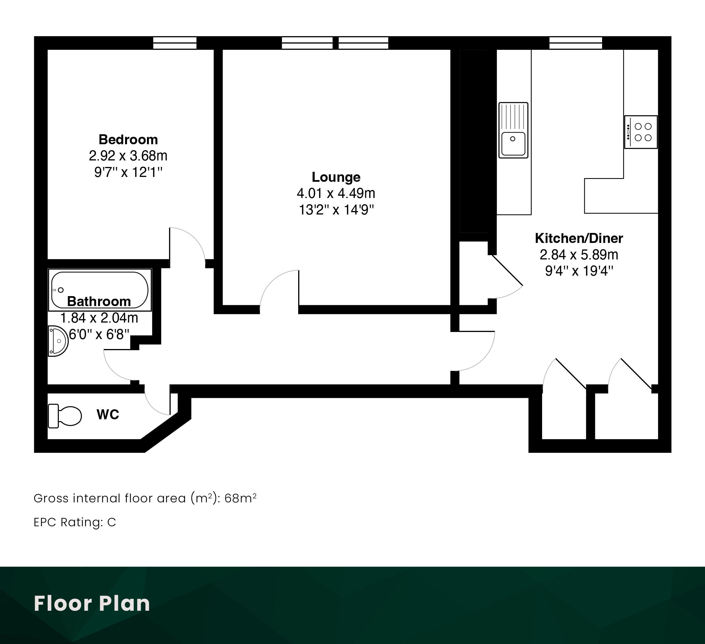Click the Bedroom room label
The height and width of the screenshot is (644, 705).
(128, 140)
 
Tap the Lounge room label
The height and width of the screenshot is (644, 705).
(336, 177)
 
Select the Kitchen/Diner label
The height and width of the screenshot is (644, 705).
(579, 238)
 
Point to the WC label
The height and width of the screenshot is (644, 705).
(108, 414)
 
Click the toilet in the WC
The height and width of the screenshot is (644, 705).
(65, 416)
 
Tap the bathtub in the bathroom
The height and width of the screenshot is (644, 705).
(100, 290)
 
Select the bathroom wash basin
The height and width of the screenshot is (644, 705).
(58, 341)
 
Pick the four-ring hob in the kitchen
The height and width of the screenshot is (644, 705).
(641, 132)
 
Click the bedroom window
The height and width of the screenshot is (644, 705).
(175, 43)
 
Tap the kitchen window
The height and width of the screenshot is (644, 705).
(576, 43)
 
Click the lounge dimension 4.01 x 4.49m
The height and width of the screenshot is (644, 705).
(336, 193)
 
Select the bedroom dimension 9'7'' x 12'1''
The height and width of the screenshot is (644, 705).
(128, 172)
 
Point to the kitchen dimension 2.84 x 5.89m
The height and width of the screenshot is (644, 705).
(579, 255)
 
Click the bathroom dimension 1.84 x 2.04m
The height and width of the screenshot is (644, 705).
(99, 318)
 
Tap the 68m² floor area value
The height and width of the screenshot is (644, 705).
(240, 498)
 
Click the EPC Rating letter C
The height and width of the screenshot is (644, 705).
(111, 522)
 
